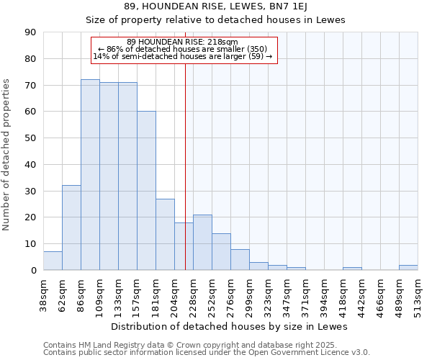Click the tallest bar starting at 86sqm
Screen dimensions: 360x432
click(x=90, y=175)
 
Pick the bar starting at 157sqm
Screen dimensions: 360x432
click(x=146, y=191)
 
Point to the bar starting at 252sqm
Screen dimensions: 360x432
click(x=221, y=252)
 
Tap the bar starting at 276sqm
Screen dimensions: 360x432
click(x=240, y=260)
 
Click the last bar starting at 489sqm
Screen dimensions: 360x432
click(x=408, y=268)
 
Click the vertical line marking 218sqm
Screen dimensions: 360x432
click(x=185, y=166)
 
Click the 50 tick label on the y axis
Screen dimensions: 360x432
click(x=30, y=138)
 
